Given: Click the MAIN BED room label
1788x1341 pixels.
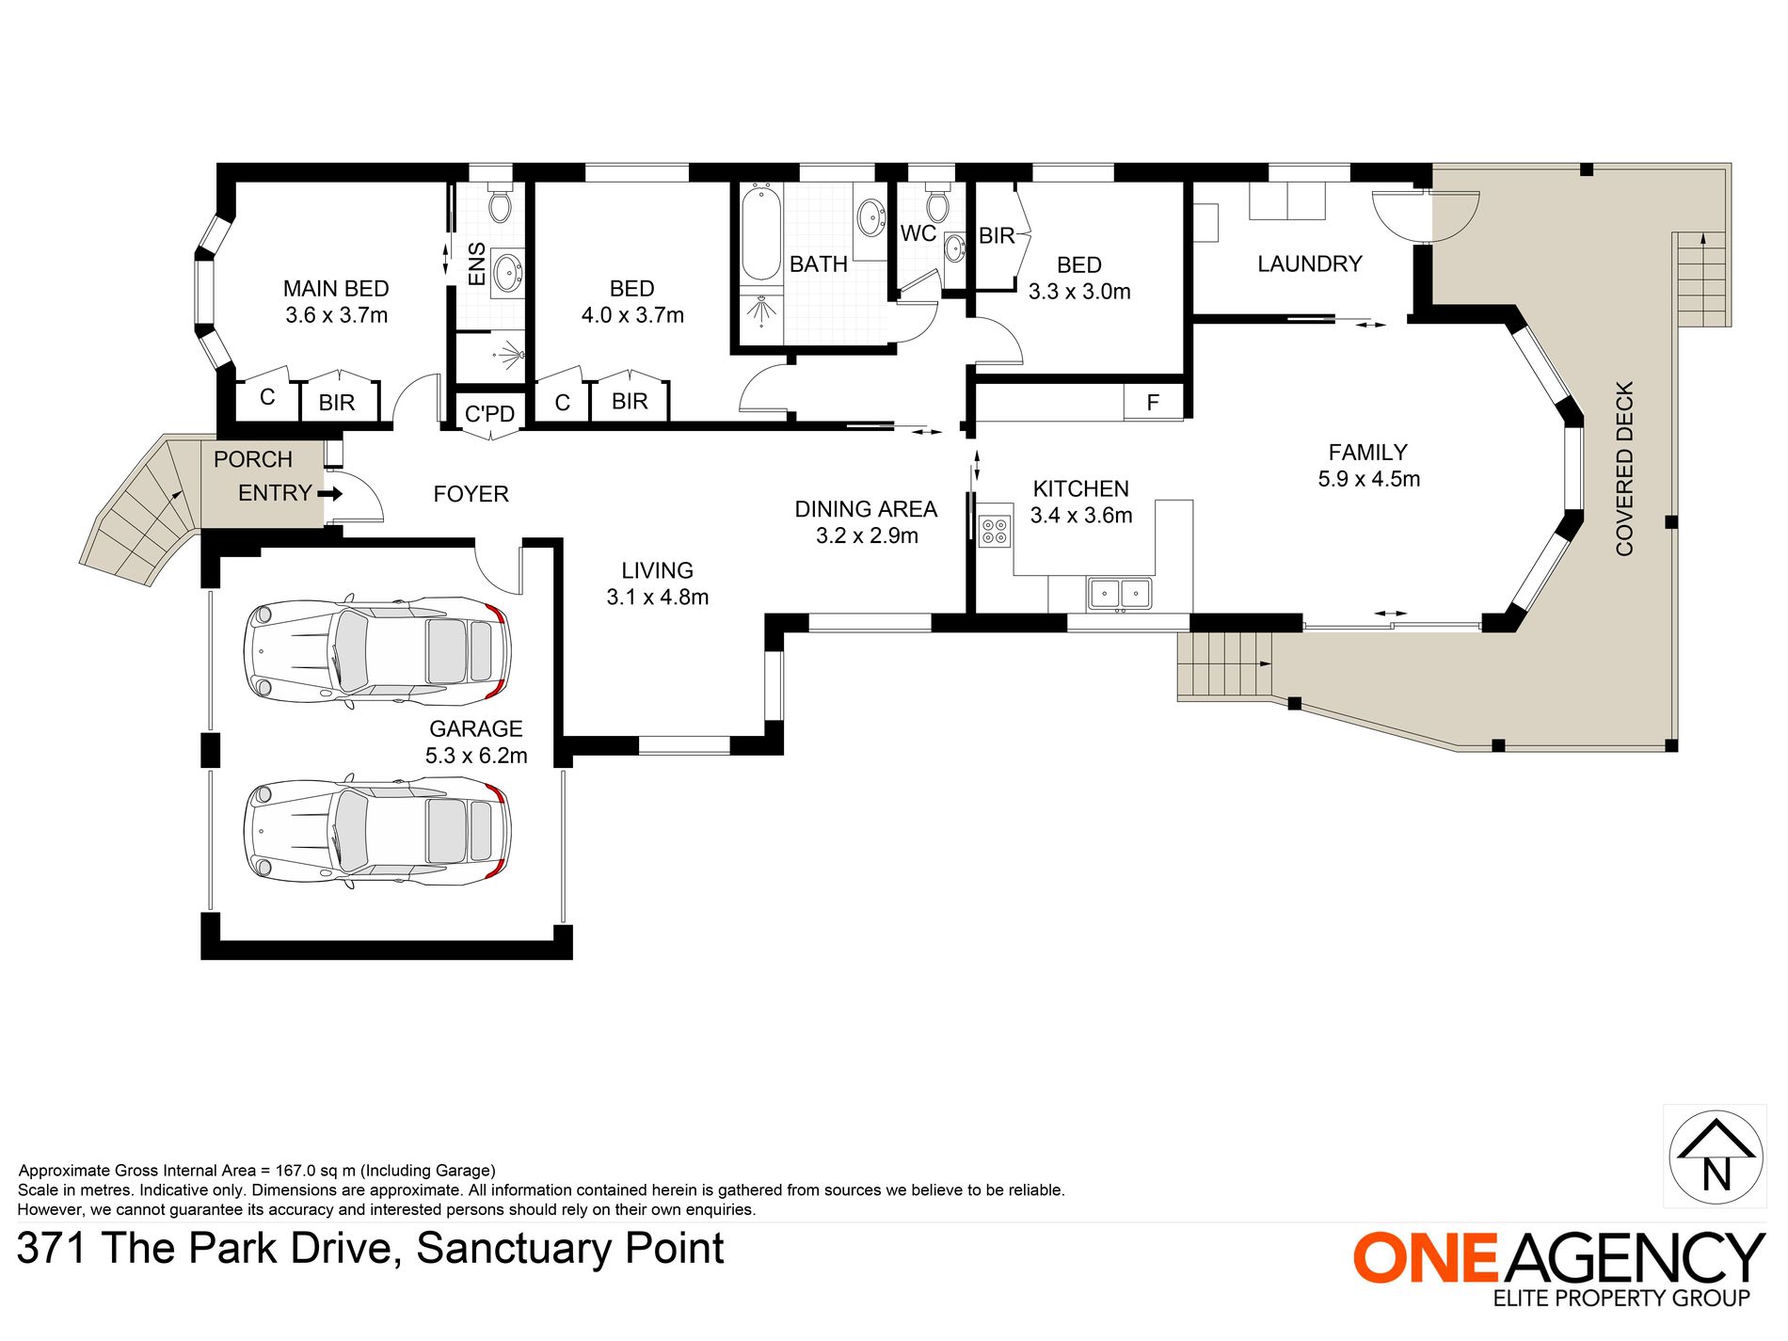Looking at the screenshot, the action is (x=336, y=289).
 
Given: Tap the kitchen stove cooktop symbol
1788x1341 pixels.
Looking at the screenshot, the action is (x=995, y=532).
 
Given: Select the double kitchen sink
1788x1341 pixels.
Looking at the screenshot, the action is (x=1120, y=594).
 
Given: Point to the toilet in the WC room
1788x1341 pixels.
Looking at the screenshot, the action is (x=937, y=203).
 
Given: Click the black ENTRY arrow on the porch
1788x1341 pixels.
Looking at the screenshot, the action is (x=329, y=493).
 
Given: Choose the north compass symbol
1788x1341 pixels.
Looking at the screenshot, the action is (x=1716, y=1157).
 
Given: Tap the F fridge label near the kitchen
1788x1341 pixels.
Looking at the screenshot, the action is (x=1153, y=403).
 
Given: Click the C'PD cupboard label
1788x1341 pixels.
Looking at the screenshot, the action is (x=489, y=414).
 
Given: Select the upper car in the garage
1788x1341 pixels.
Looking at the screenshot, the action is (x=376, y=651).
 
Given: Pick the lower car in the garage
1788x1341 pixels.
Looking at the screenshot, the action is (x=376, y=832).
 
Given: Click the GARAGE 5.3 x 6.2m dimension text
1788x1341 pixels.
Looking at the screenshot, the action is (x=476, y=756).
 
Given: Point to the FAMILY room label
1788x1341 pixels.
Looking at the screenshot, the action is (x=1368, y=453).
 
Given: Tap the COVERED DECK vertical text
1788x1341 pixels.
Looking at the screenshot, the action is (x=1624, y=469).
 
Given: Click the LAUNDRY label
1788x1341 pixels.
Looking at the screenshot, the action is (x=1310, y=264).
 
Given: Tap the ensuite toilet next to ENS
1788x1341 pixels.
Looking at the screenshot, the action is (x=500, y=203).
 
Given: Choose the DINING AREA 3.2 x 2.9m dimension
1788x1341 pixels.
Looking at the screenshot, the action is (x=867, y=535).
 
